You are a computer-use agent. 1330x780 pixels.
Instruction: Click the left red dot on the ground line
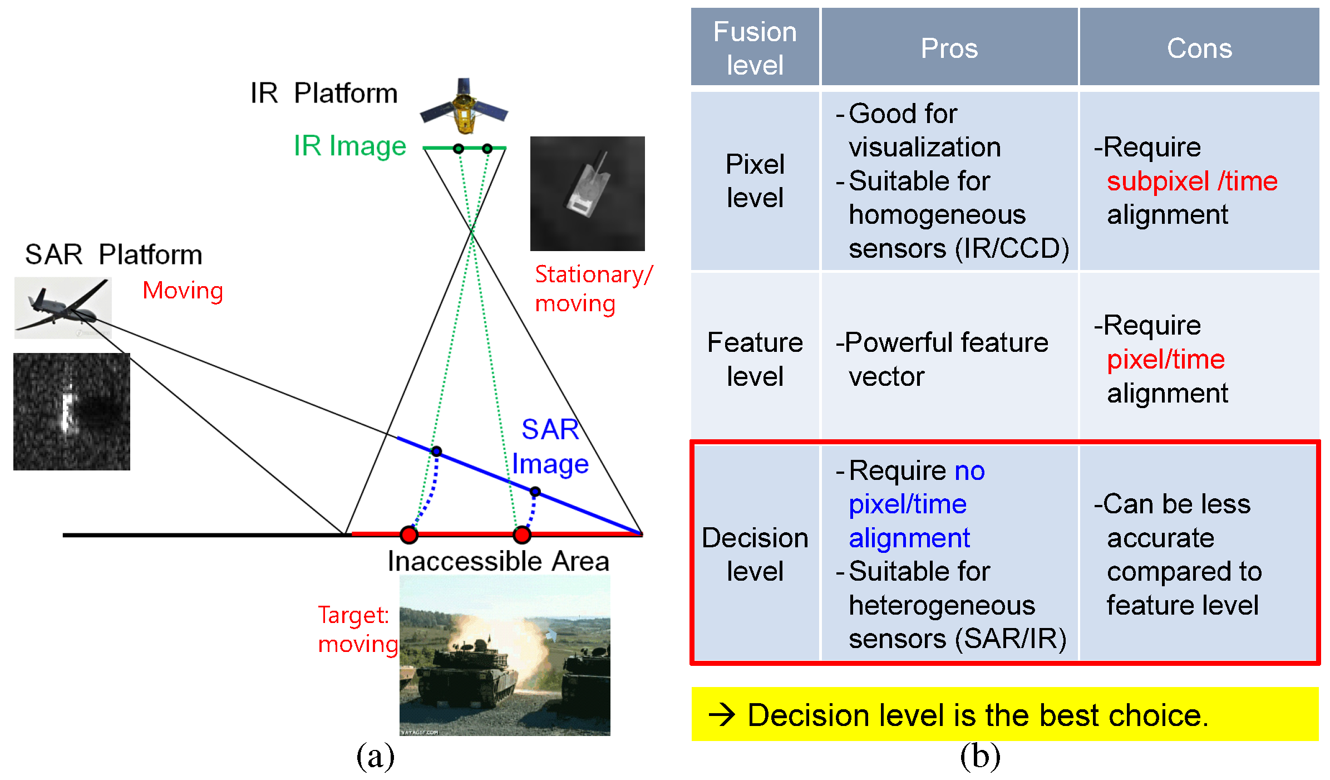[x=409, y=535]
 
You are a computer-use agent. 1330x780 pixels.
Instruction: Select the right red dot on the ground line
[x=522, y=535]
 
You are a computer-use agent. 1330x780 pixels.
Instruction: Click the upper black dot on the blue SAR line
[x=437, y=451]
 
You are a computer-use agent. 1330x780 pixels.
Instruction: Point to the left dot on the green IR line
[x=458, y=149]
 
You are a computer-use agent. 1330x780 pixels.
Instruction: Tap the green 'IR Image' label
[x=349, y=146]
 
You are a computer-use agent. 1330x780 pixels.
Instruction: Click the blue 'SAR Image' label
[x=550, y=447]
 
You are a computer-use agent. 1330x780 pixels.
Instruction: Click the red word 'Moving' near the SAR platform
[x=183, y=291]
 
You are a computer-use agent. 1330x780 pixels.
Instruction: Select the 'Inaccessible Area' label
[x=498, y=561]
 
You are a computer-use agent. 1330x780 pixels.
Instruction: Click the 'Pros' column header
[x=949, y=48]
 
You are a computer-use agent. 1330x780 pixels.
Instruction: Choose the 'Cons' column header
[x=1199, y=48]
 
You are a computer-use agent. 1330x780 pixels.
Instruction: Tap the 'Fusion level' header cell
[x=755, y=48]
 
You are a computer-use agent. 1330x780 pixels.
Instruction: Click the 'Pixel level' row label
[x=755, y=181]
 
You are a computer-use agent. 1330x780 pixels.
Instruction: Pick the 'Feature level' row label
[x=755, y=359]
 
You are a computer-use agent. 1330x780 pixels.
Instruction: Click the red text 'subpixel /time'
[x=1191, y=181]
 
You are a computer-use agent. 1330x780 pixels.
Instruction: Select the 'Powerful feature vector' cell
[x=942, y=359]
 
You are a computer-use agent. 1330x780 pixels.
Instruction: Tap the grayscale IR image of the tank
[x=587, y=194]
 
